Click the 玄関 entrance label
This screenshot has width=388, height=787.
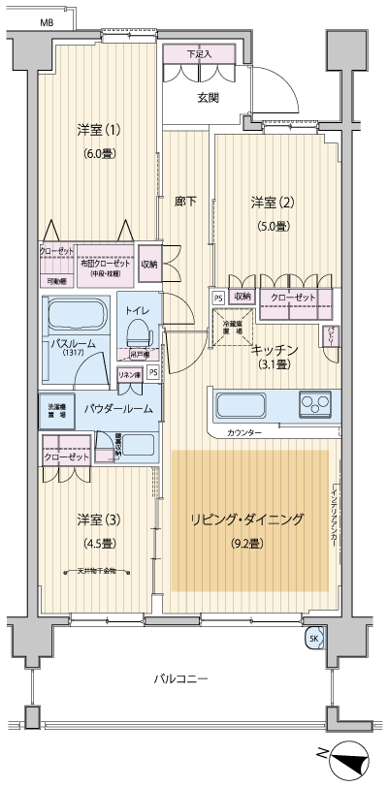click(208, 97)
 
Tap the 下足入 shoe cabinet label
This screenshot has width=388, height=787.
click(199, 53)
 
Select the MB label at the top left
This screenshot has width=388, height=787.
click(48, 21)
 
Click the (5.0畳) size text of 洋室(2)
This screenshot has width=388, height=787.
click(272, 226)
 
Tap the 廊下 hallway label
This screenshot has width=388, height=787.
click(185, 202)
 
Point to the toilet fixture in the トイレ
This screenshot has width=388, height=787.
click(137, 332)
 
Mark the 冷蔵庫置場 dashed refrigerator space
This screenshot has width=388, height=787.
click(233, 328)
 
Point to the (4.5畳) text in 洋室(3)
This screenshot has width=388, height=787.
click(97, 543)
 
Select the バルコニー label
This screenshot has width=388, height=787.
click(181, 679)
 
